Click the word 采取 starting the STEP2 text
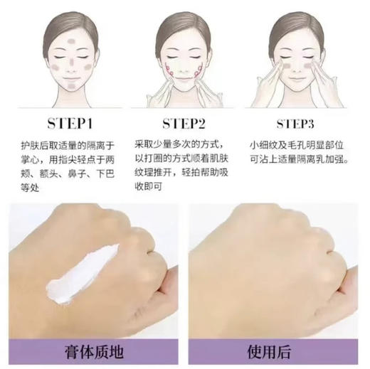click(x=147, y=145)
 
